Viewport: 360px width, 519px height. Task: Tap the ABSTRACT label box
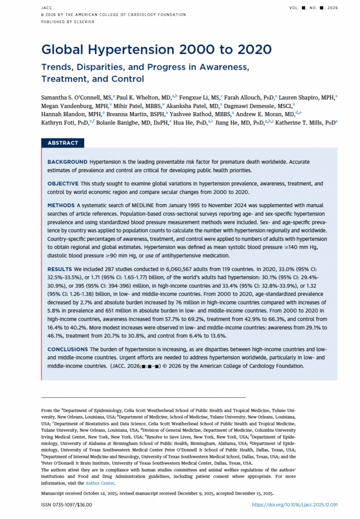pyautogui.click(x=63, y=143)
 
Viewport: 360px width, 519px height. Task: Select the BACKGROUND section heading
pyautogui.click(x=67, y=161)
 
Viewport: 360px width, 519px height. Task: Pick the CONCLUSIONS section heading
pyautogui.click(x=68, y=350)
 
